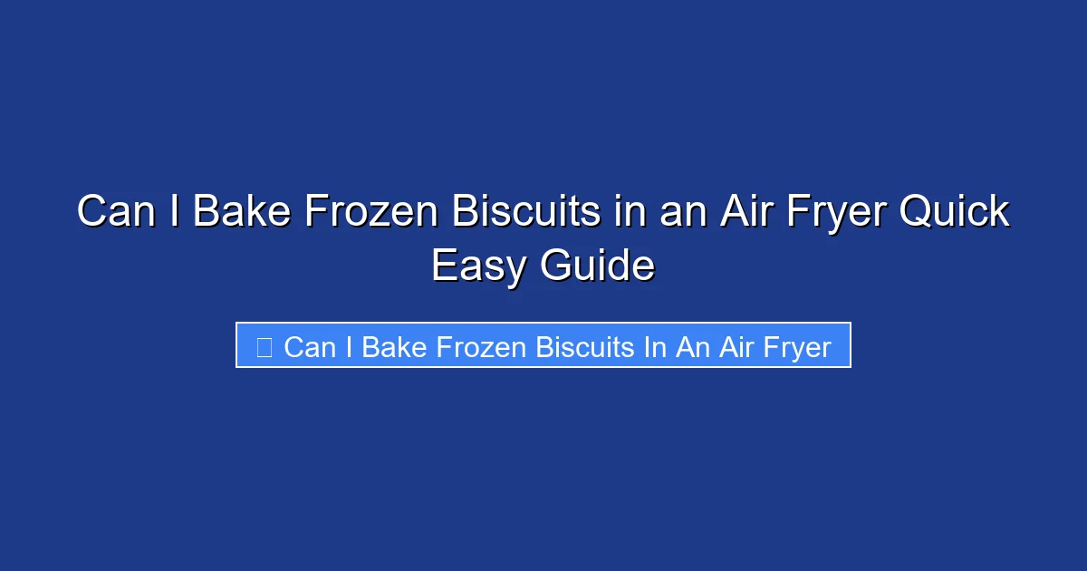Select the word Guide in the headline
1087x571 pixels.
(x=597, y=266)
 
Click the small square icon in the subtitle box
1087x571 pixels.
(x=265, y=346)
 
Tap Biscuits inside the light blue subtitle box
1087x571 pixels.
(x=585, y=346)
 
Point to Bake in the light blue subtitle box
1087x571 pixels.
(x=394, y=346)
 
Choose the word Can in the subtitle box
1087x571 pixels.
(x=310, y=346)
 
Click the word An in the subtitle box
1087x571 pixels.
(x=691, y=346)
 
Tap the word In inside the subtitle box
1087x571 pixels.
(x=655, y=346)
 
